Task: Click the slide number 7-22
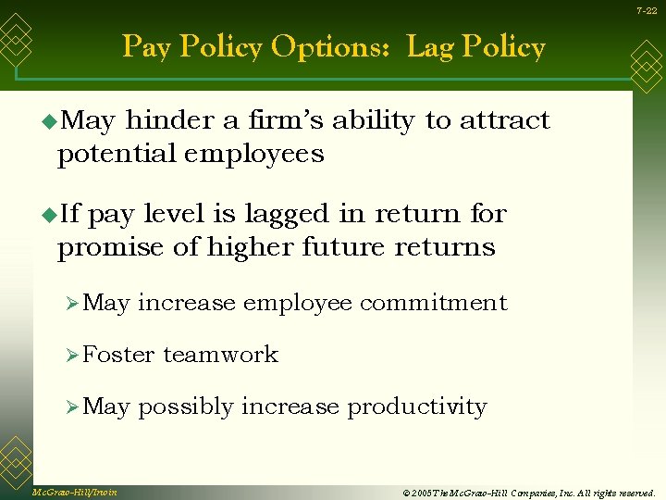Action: tap(646, 10)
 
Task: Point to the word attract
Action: tap(505, 121)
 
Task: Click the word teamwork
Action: tap(220, 355)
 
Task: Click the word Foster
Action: tap(118, 355)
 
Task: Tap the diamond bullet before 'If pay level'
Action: tap(49, 215)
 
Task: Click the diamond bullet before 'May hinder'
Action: tap(49, 121)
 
